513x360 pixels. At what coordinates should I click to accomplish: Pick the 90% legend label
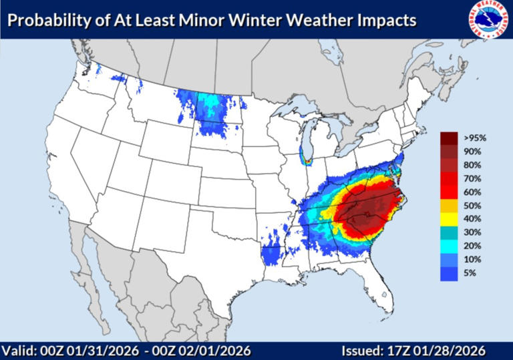click(472, 152)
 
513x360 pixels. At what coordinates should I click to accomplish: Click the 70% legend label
click(472, 179)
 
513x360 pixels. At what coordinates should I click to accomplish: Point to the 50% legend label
click(472, 206)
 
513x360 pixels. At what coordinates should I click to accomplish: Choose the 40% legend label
click(472, 219)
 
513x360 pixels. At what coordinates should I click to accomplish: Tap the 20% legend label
click(472, 246)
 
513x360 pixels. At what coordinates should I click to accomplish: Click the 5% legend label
click(470, 273)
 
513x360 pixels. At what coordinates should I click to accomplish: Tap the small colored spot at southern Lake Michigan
click(308, 160)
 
